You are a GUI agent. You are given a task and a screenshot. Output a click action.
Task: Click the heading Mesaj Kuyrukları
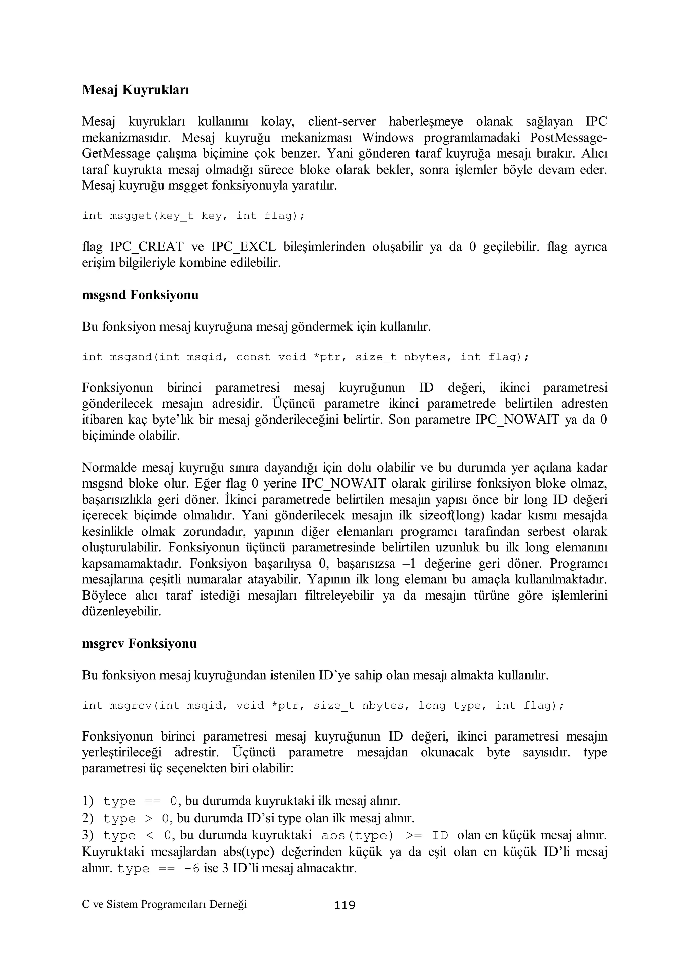coord(135,90)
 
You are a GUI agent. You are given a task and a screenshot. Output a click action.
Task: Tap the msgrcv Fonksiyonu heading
coord(139,644)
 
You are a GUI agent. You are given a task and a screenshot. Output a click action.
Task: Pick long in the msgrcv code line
coord(432,706)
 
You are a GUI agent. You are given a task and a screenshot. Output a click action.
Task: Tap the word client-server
coord(341,122)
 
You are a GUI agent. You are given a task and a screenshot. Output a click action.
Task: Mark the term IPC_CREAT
coord(147,247)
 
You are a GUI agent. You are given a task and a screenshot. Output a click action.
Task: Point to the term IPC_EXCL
coord(244,247)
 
